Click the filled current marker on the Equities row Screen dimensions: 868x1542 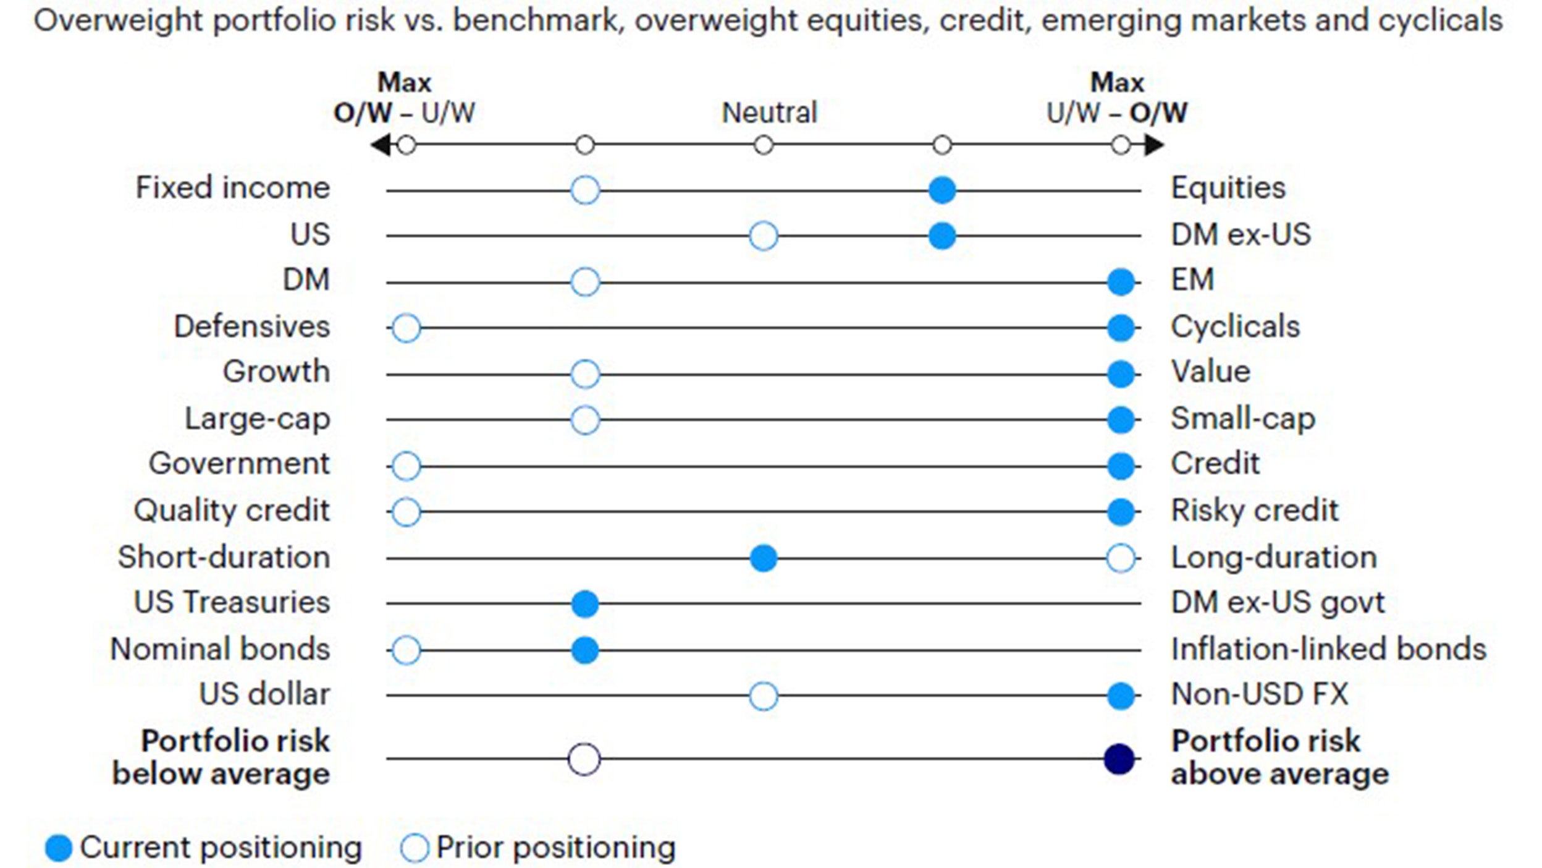(x=942, y=190)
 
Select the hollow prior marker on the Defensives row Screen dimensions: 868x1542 (x=406, y=328)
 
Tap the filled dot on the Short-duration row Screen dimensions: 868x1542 (x=763, y=558)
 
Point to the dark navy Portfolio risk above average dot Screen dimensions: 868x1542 (x=1119, y=759)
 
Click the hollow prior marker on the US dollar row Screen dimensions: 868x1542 (x=763, y=696)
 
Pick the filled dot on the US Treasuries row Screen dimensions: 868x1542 (x=584, y=604)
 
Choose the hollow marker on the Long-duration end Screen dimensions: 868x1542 (x=1121, y=558)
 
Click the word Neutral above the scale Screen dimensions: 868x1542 (x=769, y=113)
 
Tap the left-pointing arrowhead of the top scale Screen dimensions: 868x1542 (x=379, y=146)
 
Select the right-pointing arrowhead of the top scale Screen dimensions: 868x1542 (x=1154, y=146)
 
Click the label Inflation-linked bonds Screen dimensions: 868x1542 (x=1328, y=649)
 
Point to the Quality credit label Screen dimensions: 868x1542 (x=232, y=511)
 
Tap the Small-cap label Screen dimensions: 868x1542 (x=1243, y=419)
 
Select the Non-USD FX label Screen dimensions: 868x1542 (x=1259, y=694)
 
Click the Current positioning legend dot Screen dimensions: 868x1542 (x=59, y=848)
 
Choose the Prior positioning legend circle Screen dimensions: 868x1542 (x=414, y=848)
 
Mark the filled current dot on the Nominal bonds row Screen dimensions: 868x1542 (x=584, y=650)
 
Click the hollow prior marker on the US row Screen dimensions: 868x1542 (x=763, y=236)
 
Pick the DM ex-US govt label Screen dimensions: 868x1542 (x=1278, y=602)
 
